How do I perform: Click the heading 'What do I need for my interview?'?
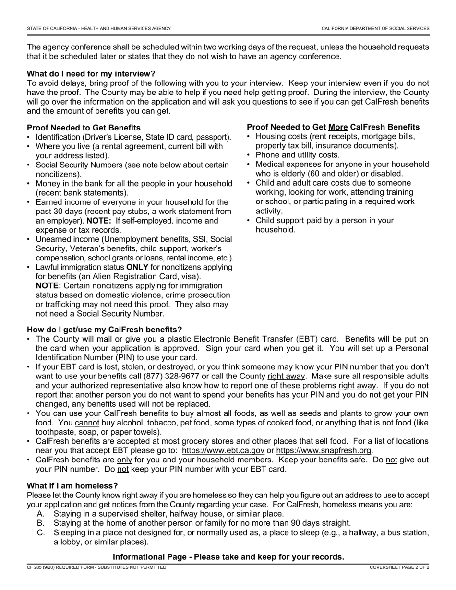tap(91, 74)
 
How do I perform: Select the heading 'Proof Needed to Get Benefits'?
tap(84, 128)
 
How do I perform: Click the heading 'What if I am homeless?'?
tap(72, 486)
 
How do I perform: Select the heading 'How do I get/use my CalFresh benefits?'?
tap(105, 330)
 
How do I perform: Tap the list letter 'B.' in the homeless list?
tap(41, 523)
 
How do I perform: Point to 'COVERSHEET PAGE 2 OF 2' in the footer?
tap(399, 567)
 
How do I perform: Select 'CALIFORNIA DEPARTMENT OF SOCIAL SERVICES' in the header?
tap(375, 29)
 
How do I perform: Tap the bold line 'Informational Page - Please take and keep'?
tap(228, 557)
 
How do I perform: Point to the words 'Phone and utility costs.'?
tap(298, 155)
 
